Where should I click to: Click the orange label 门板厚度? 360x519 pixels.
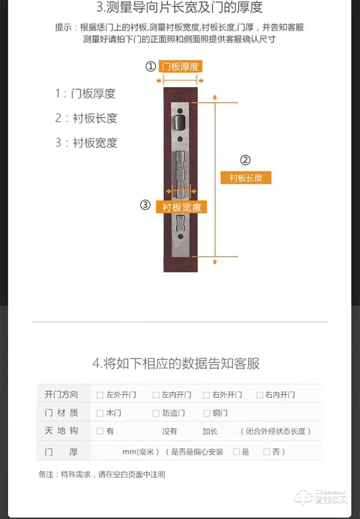[180, 66]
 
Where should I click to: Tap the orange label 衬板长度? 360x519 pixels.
[246, 178]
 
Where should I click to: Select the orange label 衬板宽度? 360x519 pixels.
[181, 207]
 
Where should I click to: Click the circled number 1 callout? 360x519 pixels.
[150, 66]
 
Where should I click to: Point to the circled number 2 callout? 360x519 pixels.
[245, 160]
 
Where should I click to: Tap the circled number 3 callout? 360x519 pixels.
[145, 205]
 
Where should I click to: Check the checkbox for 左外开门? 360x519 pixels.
[100, 395]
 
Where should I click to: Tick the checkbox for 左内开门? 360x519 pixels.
[156, 395]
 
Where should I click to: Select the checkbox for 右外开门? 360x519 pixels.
[206, 395]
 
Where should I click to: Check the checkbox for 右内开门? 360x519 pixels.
[259, 395]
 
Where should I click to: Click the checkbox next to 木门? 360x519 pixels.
[100, 413]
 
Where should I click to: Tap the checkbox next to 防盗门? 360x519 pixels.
[156, 413]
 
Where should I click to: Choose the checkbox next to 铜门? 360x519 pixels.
[206, 413]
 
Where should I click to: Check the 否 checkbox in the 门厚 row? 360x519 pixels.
[267, 452]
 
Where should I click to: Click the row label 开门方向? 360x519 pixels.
[62, 395]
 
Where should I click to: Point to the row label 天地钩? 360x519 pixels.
[62, 431]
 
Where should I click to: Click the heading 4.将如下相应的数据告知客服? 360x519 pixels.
[176, 363]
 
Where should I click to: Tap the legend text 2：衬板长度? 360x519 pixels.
[86, 118]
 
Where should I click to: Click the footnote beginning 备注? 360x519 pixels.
[102, 474]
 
